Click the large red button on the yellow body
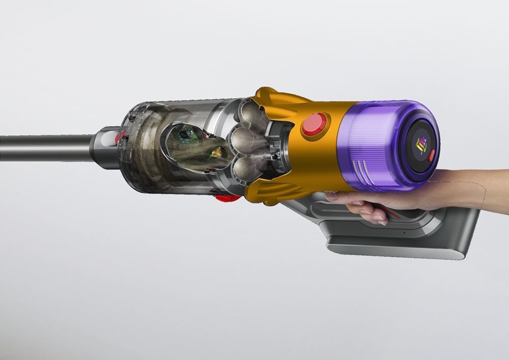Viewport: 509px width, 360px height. point(315,125)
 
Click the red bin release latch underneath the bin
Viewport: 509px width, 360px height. point(227,198)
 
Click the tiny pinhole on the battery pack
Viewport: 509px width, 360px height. point(404,232)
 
